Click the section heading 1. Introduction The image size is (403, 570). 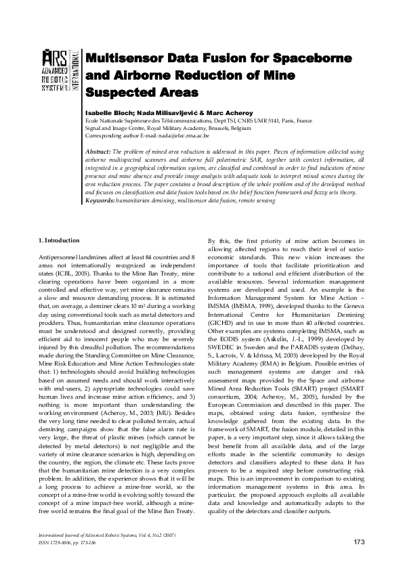59,240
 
